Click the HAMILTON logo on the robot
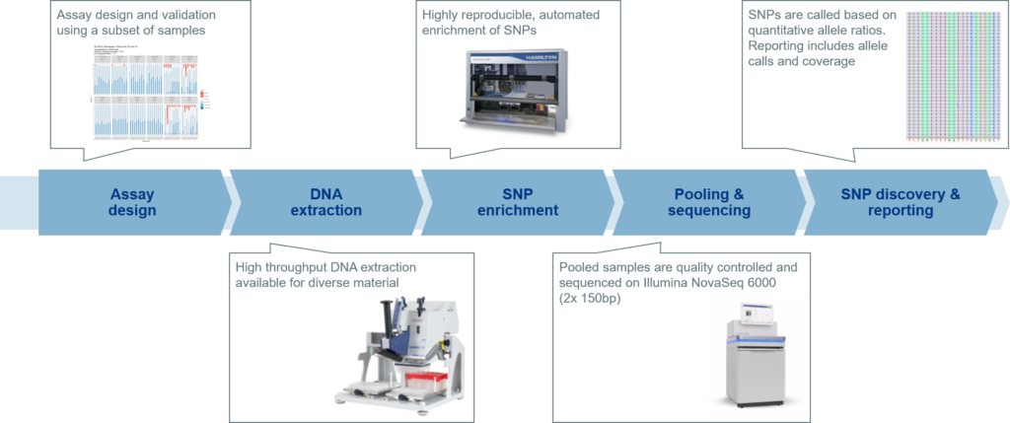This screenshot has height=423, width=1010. click(560, 55)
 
